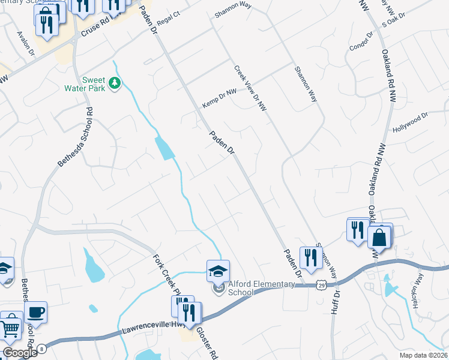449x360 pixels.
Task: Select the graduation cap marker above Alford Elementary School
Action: coord(218,271)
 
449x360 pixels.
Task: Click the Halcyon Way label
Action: coord(419,287)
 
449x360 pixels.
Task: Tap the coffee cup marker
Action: coord(36,312)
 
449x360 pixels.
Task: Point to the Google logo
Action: coord(20,353)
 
